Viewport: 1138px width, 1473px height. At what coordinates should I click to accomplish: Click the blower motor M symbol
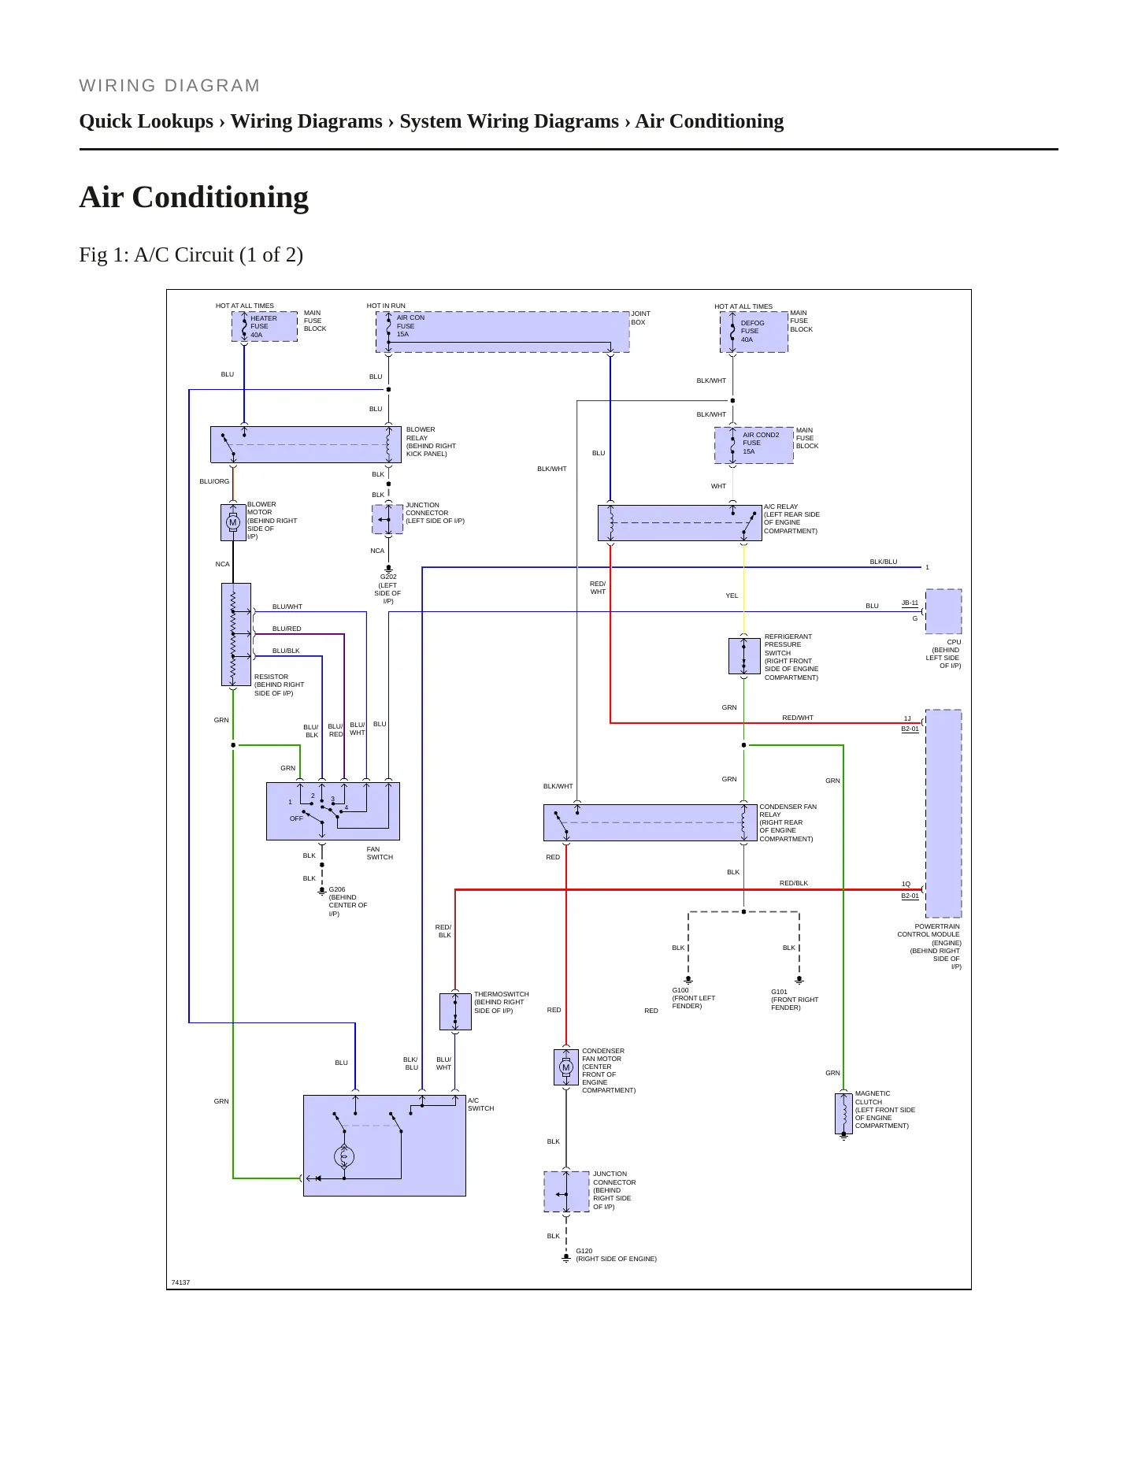coord(232,522)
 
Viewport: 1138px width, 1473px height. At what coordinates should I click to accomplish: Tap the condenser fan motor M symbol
coord(565,1067)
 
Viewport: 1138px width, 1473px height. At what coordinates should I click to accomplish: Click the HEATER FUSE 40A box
coord(265,327)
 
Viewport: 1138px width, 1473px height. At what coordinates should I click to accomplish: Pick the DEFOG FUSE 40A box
coord(754,332)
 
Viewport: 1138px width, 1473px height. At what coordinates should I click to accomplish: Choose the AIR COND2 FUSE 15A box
coord(754,445)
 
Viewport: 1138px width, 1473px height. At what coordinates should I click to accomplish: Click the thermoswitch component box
coord(455,1011)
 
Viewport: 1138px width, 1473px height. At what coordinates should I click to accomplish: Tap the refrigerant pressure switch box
coord(744,655)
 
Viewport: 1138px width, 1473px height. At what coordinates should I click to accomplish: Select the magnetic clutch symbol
coord(843,1113)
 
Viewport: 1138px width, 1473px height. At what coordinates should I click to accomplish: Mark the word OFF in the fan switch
coord(296,818)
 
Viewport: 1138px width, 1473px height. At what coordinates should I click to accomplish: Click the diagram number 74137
coord(180,1282)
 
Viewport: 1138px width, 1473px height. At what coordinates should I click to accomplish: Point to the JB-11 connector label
coord(910,603)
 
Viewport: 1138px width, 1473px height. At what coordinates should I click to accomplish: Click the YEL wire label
coord(732,596)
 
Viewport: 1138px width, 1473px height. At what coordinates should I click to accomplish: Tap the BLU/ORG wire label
coord(214,481)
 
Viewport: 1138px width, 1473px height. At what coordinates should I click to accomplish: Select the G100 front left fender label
coord(694,998)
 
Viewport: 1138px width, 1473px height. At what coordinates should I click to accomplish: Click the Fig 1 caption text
coord(191,254)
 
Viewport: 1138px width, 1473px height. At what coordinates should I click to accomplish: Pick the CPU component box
coord(943,611)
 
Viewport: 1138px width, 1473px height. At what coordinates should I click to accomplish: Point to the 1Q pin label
coord(906,884)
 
